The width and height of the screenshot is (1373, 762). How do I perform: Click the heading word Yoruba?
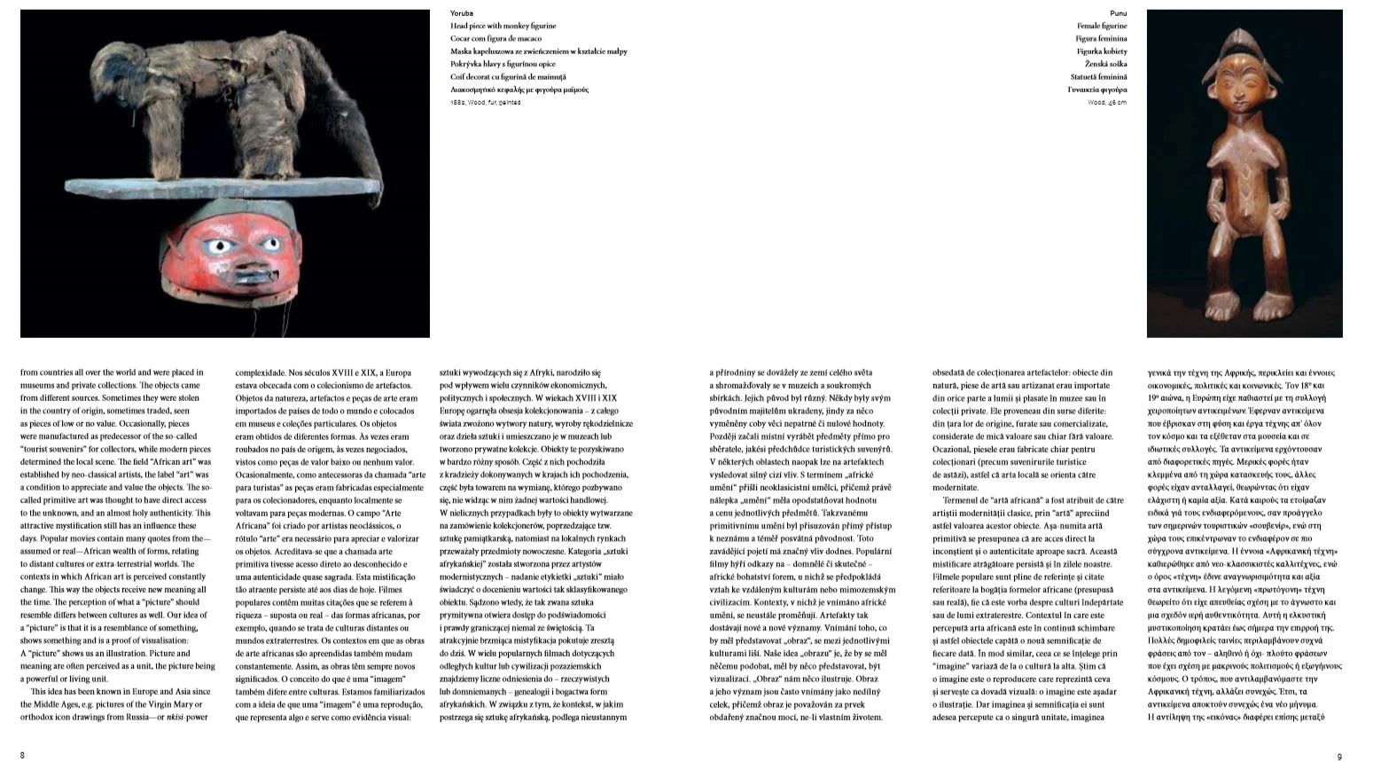click(x=461, y=13)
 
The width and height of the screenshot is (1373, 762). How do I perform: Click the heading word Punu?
click(x=1118, y=13)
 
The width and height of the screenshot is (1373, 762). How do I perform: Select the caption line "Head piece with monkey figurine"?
click(x=503, y=26)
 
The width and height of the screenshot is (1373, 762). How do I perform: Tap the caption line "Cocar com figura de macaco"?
click(x=495, y=38)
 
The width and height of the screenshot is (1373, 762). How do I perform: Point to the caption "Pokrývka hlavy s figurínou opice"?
click(x=503, y=64)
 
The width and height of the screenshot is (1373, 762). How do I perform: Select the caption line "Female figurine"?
click(x=1102, y=26)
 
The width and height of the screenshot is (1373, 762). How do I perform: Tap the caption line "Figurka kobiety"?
click(x=1102, y=51)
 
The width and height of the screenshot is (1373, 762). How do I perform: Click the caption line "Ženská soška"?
click(x=1105, y=64)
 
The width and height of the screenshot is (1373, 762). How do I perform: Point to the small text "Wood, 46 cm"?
click(x=1107, y=103)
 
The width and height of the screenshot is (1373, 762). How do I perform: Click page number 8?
click(x=22, y=755)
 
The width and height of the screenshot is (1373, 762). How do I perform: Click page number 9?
click(x=1338, y=756)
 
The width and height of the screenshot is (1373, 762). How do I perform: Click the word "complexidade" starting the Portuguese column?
click(x=261, y=373)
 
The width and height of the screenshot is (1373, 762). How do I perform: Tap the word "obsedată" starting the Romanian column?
click(x=952, y=373)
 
